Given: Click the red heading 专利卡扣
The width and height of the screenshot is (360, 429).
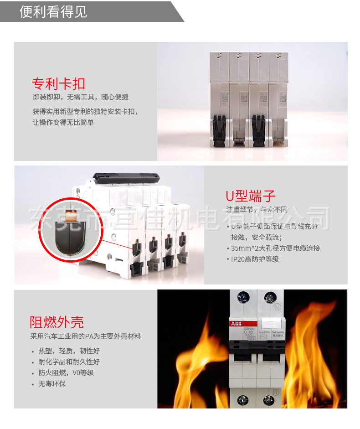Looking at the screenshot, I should (58, 83).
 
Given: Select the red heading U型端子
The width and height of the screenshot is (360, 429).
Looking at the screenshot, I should (251, 196).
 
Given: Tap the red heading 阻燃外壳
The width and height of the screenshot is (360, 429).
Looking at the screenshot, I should (57, 322).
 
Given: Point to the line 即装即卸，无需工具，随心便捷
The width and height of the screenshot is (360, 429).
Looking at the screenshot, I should (81, 97).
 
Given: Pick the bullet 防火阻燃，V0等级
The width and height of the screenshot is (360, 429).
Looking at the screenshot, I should (66, 372).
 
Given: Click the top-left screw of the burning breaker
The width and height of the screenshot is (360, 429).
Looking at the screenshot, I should (242, 299).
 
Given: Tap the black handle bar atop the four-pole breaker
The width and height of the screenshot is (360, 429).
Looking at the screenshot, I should (125, 176).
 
